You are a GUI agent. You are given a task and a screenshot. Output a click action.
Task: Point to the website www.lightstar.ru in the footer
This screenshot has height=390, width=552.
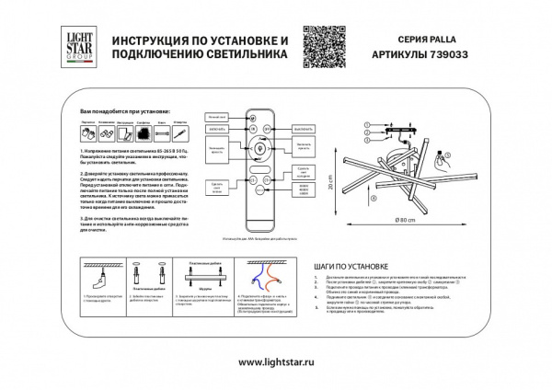tap(276, 361)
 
